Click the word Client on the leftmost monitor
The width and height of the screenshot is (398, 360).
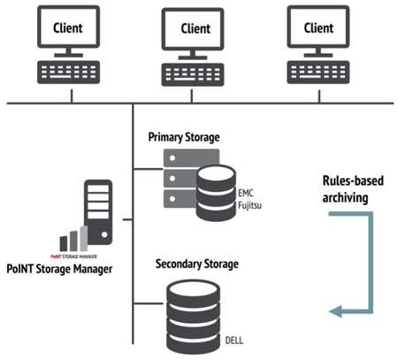[68, 28]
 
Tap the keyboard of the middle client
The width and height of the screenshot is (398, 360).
[193, 74]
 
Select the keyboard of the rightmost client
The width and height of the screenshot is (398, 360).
[318, 73]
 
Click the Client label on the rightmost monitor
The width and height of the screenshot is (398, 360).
[318, 28]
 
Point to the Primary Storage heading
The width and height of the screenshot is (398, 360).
[184, 137]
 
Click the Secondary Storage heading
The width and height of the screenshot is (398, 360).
[197, 264]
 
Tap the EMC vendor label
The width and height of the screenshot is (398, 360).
[246, 193]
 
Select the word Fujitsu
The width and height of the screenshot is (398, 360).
[249, 205]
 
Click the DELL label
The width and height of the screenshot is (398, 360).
[234, 341]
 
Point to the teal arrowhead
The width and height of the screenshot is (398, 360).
[335, 311]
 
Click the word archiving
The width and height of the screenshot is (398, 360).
[345, 198]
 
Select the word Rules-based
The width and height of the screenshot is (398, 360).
[353, 180]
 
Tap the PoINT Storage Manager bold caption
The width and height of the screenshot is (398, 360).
[59, 269]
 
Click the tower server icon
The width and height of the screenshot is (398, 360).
[98, 212]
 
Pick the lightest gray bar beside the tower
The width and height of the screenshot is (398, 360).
[84, 239]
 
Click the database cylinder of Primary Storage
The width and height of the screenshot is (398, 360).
[216, 193]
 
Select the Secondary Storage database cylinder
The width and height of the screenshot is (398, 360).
[193, 317]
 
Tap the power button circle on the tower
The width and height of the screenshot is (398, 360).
[104, 234]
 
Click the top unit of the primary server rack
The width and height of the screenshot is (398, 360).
[191, 157]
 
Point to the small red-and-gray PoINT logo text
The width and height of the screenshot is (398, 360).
[73, 257]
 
